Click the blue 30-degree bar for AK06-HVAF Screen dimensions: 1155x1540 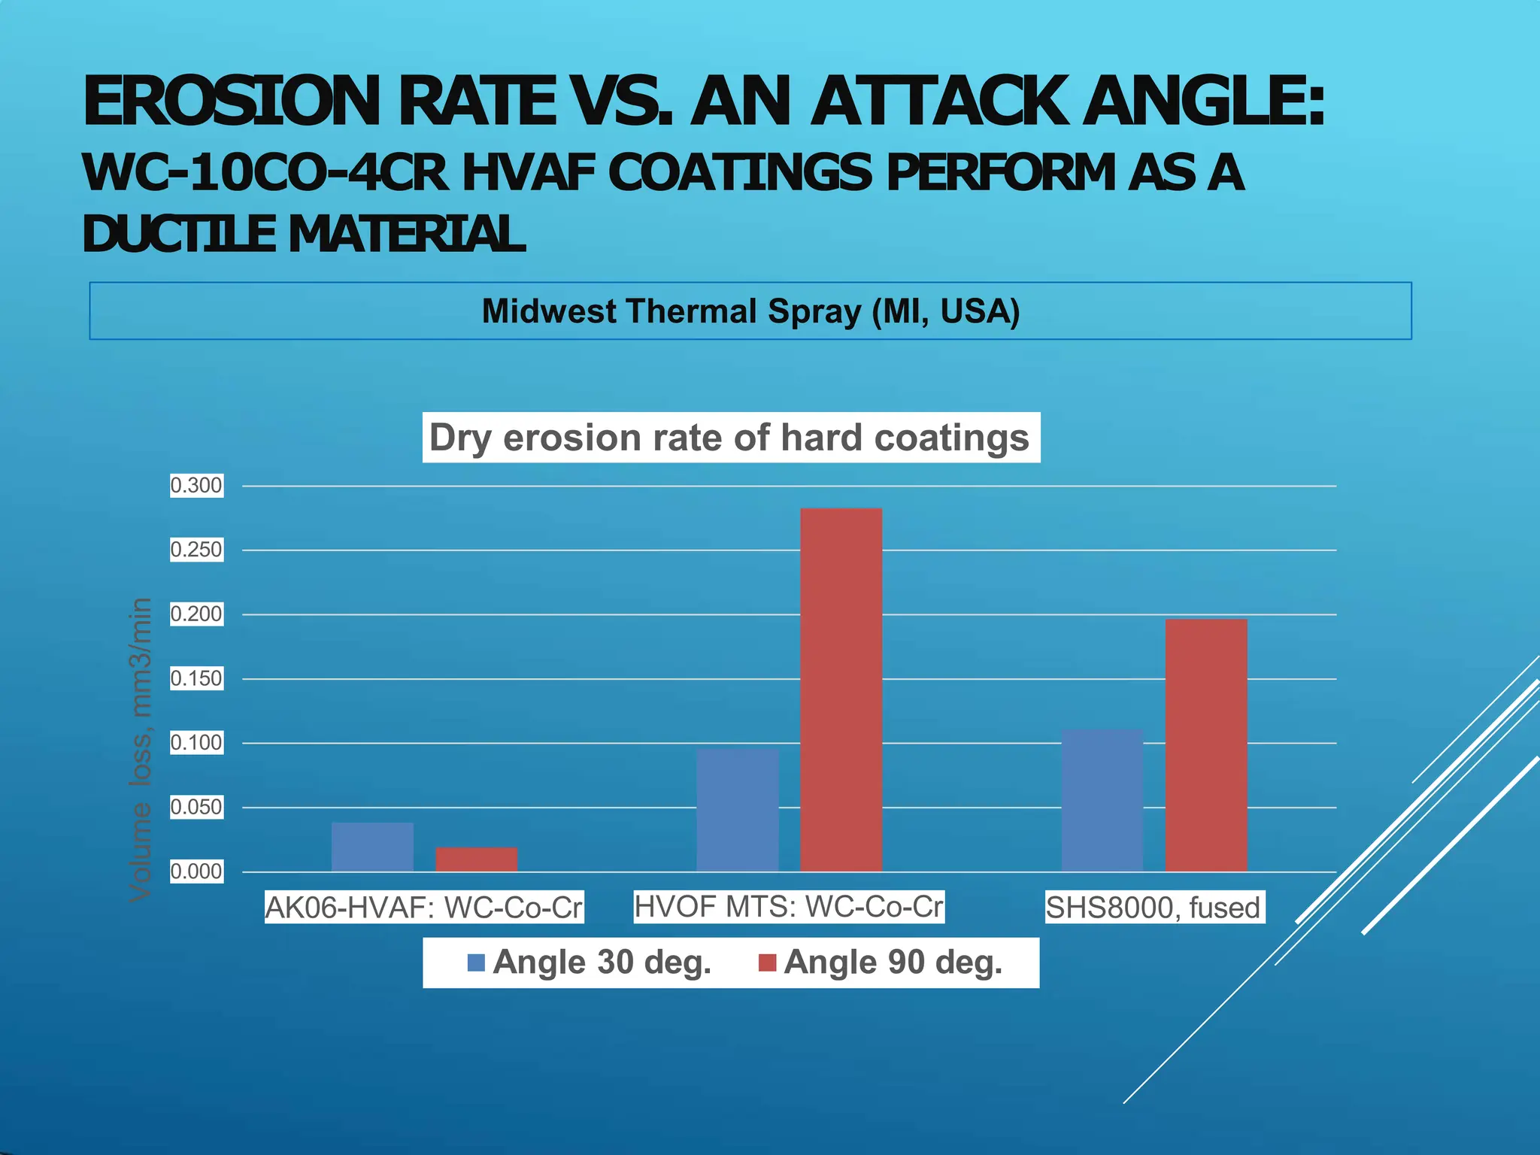(x=372, y=847)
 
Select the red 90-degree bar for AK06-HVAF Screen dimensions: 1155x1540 (x=477, y=859)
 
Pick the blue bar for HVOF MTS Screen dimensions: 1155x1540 (x=738, y=810)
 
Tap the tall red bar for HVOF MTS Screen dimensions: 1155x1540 (x=841, y=690)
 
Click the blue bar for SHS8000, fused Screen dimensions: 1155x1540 (x=1102, y=800)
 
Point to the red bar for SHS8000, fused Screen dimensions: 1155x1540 (x=1206, y=745)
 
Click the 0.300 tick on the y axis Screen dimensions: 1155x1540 (x=196, y=486)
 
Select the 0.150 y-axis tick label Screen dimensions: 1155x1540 (x=196, y=679)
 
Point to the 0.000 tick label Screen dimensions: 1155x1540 (x=196, y=872)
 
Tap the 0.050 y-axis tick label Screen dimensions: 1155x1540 (x=196, y=808)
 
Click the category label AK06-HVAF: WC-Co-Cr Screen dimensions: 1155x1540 (x=424, y=908)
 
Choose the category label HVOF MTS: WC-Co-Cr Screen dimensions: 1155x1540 (x=789, y=907)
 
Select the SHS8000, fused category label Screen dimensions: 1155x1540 (x=1153, y=908)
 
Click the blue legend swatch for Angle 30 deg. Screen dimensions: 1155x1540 (x=476, y=962)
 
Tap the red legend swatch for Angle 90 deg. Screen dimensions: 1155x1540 (x=767, y=962)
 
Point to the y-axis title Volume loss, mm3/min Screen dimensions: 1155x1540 (x=141, y=749)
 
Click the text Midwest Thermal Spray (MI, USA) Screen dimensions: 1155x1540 (x=750, y=311)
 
